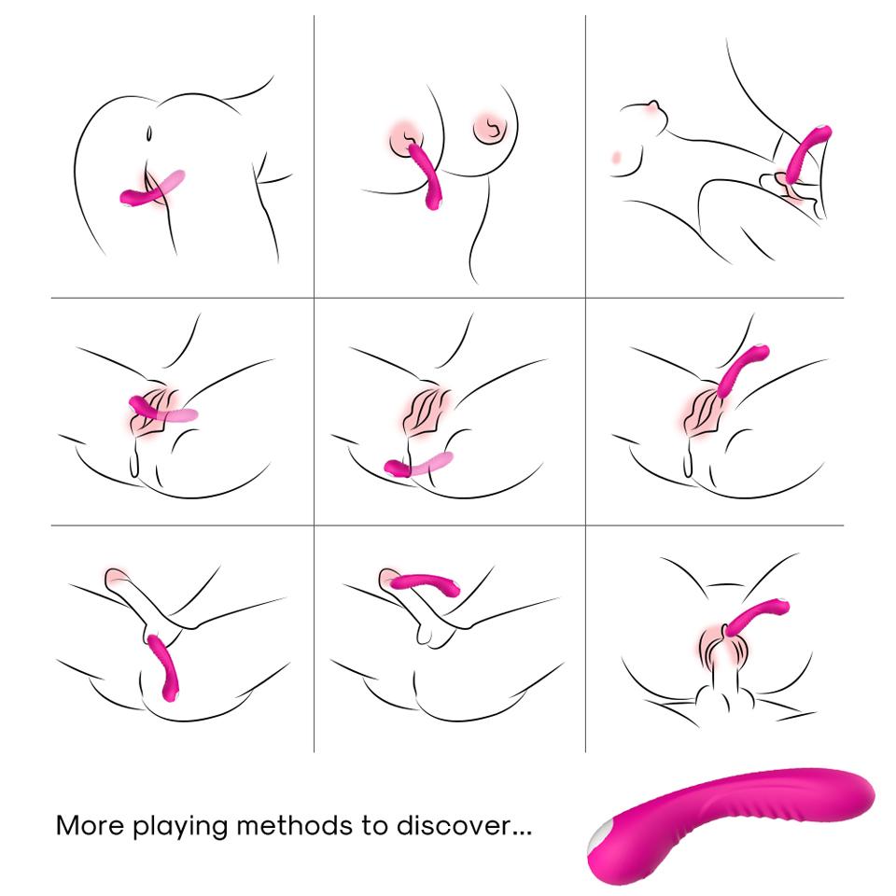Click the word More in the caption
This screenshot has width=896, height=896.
pos(89,826)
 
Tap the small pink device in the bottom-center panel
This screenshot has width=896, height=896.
pos(425,583)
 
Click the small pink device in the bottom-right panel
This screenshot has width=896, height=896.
pos(756,616)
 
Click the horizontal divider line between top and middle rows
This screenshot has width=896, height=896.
pos(448,299)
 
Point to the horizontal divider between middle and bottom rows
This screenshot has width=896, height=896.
pos(448,525)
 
